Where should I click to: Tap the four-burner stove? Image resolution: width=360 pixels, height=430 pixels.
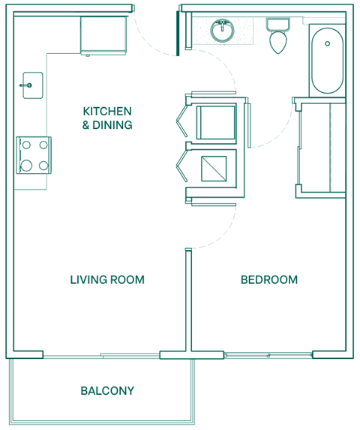tap(34, 154)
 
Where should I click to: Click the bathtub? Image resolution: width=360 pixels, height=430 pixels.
tap(327, 58)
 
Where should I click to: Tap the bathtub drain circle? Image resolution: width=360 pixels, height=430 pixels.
tap(327, 43)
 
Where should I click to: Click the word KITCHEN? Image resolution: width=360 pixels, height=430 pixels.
tap(107, 112)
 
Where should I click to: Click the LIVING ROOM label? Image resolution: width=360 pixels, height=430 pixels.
tap(106, 280)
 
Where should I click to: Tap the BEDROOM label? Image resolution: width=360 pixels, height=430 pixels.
tap(268, 280)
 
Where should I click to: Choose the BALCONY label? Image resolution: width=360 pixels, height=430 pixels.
tap(107, 390)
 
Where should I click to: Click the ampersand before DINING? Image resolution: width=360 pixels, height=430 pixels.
tap(85, 125)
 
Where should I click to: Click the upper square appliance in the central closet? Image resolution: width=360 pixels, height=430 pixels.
tap(217, 121)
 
